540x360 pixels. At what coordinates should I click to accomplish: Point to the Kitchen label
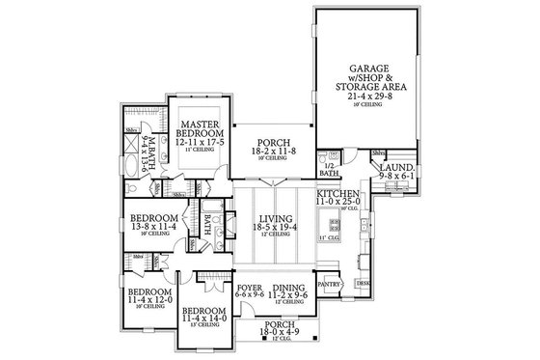337,195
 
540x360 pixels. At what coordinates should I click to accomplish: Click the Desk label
363,283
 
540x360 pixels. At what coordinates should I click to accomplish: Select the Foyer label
249,289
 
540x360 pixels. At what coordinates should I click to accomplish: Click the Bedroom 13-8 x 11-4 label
151,218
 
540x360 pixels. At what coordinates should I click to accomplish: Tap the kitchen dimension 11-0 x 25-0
337,205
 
